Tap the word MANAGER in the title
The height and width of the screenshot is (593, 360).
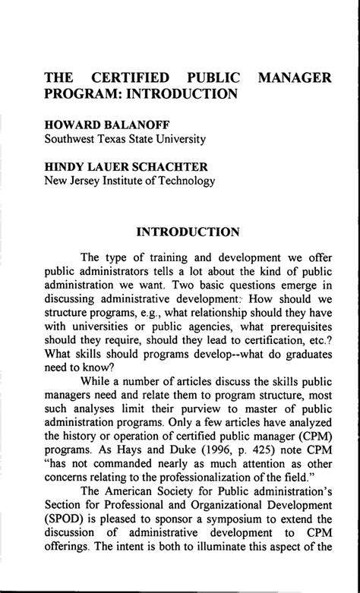pyautogui.click(x=295, y=77)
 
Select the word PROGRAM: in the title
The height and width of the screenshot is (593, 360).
pyautogui.click(x=78, y=94)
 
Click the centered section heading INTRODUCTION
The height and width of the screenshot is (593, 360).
pyautogui.click(x=188, y=231)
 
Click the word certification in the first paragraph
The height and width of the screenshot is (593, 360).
pyautogui.click(x=264, y=347)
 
